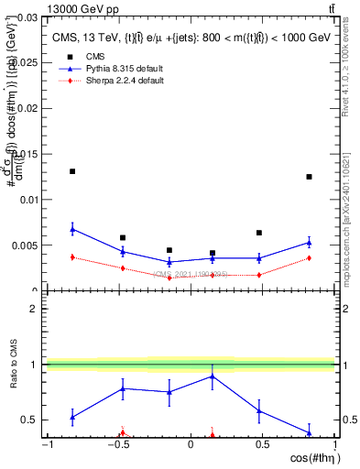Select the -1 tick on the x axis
click(46, 445)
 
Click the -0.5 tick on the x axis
click(117, 445)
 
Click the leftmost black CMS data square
click(72, 171)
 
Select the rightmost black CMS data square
click(309, 177)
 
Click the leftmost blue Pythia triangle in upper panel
click(72, 229)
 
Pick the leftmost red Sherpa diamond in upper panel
click(72, 257)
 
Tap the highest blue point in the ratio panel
click(213, 376)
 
